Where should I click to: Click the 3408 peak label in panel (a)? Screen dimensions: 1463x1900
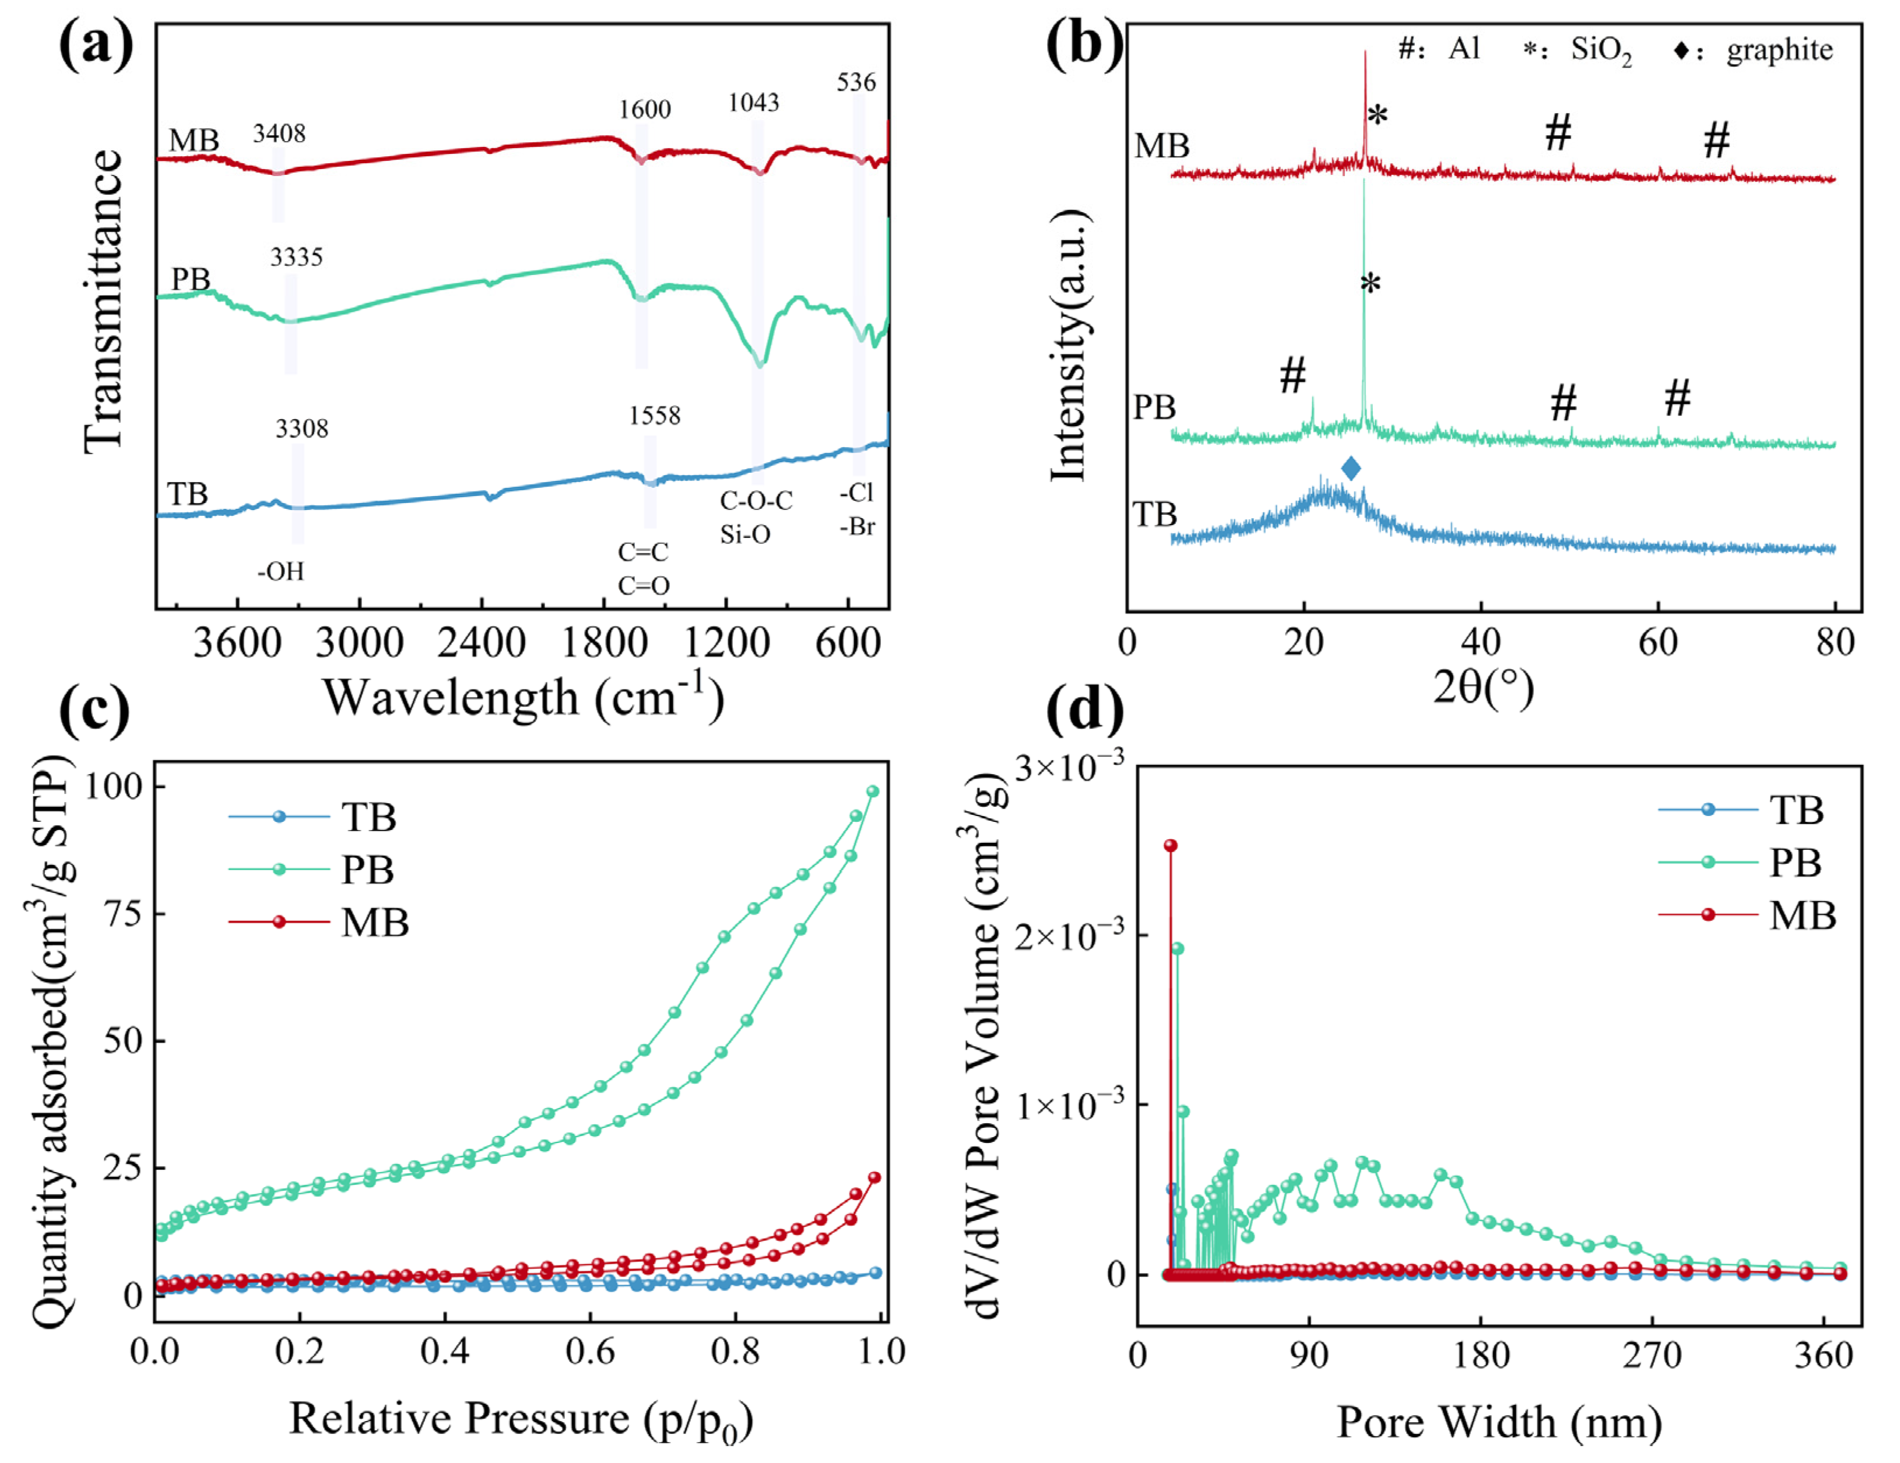point(279,134)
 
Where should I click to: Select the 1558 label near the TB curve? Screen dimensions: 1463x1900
point(655,416)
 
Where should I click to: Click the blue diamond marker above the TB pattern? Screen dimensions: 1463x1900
point(1351,469)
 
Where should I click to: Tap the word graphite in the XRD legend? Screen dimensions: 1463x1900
point(1780,51)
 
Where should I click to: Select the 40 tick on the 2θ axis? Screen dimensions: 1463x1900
point(1481,643)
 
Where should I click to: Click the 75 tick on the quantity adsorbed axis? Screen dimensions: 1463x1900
point(122,913)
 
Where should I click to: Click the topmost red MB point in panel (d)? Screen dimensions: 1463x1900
point(1171,845)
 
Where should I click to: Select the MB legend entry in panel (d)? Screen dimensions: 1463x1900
point(1801,916)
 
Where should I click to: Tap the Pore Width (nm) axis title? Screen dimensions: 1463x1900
point(1499,1423)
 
